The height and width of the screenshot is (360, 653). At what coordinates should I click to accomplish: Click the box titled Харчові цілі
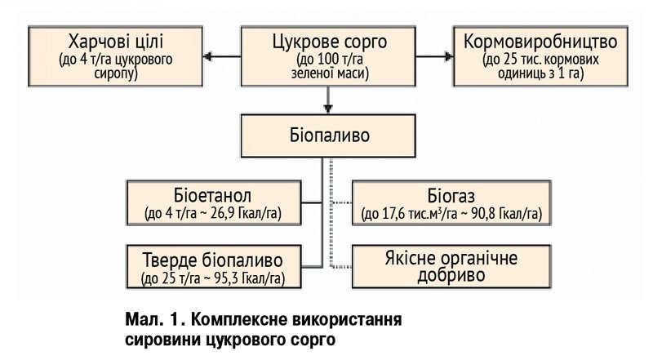pyautogui.click(x=115, y=56)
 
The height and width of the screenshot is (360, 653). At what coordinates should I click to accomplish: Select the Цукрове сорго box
pyautogui.click(x=328, y=56)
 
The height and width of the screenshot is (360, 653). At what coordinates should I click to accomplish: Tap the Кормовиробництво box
pyautogui.click(x=540, y=56)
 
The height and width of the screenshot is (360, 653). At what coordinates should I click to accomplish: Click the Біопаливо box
pyautogui.click(x=328, y=136)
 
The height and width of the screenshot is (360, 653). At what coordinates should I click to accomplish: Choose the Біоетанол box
pyautogui.click(x=214, y=203)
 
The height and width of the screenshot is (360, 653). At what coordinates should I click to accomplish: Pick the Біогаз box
pyautogui.click(x=451, y=203)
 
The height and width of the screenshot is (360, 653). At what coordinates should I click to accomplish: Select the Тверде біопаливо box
pyautogui.click(x=214, y=267)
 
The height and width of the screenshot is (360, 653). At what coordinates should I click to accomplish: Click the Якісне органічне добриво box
pyautogui.click(x=451, y=267)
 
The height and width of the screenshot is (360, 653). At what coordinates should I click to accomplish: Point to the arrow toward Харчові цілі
pyautogui.click(x=222, y=56)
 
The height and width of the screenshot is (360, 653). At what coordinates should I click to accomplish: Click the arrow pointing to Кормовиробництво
pyautogui.click(x=434, y=56)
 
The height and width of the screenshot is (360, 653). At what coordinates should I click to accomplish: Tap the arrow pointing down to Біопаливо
pyautogui.click(x=328, y=100)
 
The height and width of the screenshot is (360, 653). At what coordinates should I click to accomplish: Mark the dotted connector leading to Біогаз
pyautogui.click(x=341, y=203)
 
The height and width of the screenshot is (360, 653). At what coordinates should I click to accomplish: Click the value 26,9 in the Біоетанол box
pyautogui.click(x=221, y=214)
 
